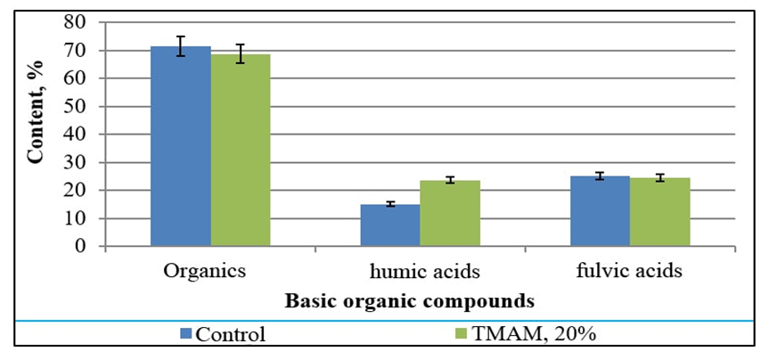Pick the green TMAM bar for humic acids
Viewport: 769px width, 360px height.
[450, 214]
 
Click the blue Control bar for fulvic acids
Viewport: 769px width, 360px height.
[601, 211]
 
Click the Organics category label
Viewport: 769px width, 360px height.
[206, 269]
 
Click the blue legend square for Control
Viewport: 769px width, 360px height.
[186, 334]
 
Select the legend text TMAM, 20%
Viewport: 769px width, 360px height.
[519, 335]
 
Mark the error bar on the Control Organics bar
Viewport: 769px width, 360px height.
[180, 46]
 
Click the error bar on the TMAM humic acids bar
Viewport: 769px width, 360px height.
[450, 180]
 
